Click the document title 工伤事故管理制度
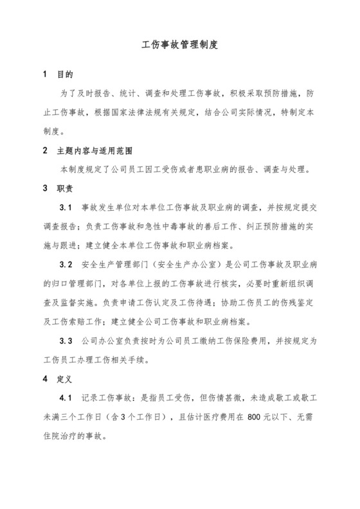pos(180,46)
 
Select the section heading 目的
pos(66,75)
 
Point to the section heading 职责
pos(66,189)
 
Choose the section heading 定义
pos(66,379)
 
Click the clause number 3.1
pos(66,208)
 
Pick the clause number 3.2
pos(66,265)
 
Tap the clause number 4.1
pos(66,398)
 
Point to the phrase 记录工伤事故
pos(111,398)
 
